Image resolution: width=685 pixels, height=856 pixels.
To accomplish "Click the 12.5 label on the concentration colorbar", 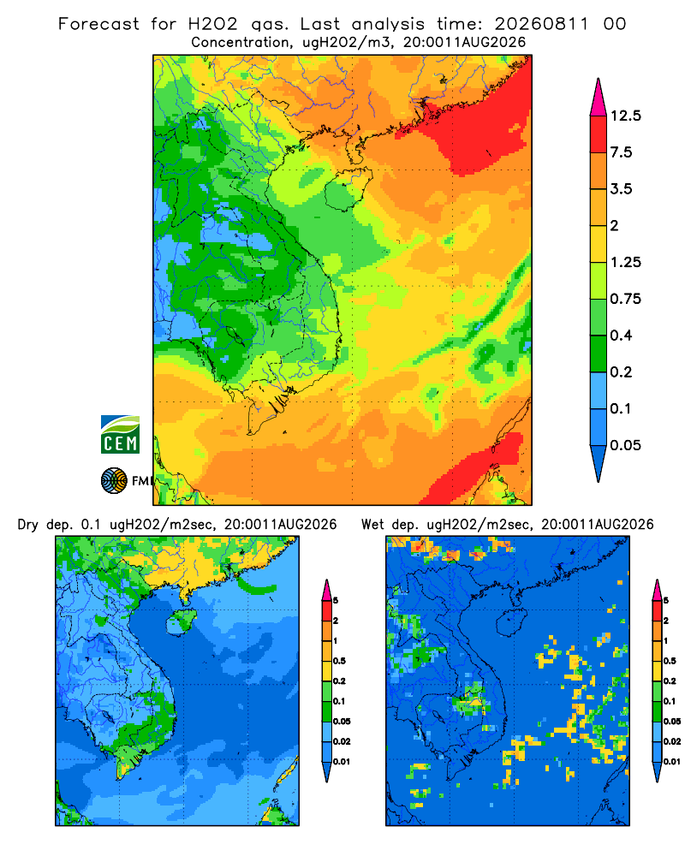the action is point(626,116).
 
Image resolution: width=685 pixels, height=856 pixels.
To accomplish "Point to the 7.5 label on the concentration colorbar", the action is point(621,152).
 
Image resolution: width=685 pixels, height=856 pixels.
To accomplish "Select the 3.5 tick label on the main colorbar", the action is point(621,189).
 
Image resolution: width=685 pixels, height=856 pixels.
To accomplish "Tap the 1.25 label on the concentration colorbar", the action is point(626,262).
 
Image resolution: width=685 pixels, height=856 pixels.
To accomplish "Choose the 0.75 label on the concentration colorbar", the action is point(626,299).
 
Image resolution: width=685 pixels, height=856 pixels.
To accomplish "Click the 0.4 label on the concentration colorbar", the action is point(621,336).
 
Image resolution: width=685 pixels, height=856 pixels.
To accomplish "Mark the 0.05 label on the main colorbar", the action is point(626,445).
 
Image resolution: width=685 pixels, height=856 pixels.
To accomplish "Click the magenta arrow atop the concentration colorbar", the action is point(599,99).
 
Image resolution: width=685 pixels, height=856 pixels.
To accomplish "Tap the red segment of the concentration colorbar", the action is point(599,134).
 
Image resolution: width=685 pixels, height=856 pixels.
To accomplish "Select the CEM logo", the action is point(120,435).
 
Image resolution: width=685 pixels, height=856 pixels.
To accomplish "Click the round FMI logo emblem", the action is point(114,481).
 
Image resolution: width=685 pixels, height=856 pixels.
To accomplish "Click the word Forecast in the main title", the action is point(98,24).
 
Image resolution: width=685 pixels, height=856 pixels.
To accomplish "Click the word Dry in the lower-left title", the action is point(28,525).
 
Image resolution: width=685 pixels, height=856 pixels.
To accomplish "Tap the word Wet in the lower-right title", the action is point(372,525).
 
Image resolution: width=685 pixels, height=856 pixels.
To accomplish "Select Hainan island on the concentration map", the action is point(348,189).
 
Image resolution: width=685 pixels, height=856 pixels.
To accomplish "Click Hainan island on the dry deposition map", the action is point(181,622).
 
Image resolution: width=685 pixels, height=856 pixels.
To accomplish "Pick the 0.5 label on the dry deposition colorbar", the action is point(339,661).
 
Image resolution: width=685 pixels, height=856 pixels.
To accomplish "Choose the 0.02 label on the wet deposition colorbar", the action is point(672,741).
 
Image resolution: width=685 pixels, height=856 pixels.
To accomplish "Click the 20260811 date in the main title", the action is point(542,24).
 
